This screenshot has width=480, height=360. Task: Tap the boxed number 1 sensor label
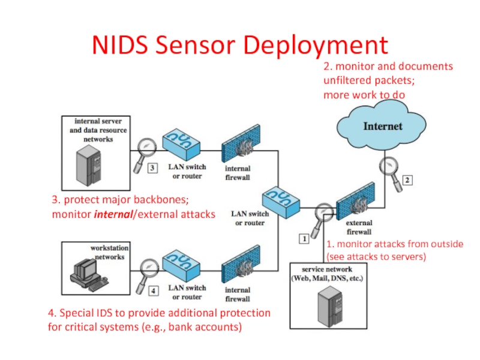click(x=304, y=238)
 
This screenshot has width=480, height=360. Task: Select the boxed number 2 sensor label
click(x=407, y=179)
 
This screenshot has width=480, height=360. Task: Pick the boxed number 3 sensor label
click(x=153, y=169)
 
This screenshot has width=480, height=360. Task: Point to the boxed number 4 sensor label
click(x=153, y=291)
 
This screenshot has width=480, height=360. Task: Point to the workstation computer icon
click(x=85, y=274)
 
